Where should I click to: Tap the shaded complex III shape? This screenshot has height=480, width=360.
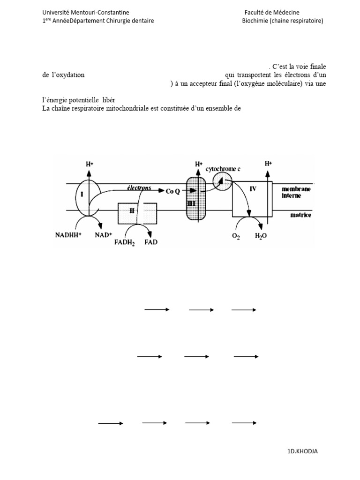[196, 197]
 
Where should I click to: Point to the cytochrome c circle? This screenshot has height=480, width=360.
[222, 181]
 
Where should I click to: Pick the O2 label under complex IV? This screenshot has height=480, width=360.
[235, 236]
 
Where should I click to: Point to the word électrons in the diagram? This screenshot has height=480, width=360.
[139, 187]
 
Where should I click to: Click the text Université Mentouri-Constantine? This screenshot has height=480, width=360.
[86, 13]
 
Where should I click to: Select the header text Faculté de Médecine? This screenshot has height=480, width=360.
[272, 13]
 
